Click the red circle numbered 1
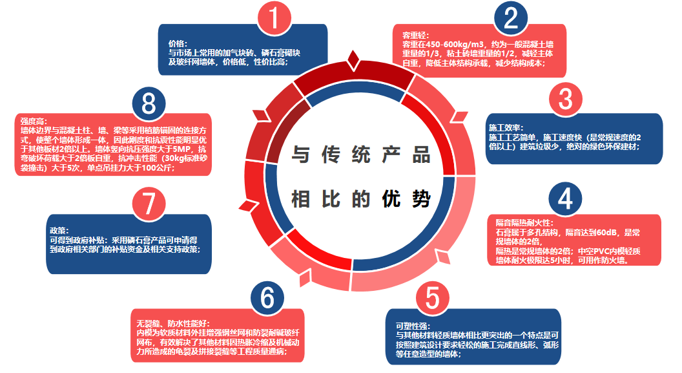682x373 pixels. coord(276,20)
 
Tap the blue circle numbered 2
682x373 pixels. coord(511,20)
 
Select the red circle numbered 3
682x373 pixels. coord(566,100)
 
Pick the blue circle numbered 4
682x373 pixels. coord(565,199)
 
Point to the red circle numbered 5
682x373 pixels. coord(432,298)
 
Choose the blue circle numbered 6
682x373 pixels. coord(267,298)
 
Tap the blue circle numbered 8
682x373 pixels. coord(150,103)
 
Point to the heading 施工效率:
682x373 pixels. coord(506,128)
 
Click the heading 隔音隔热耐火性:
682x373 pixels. coord(521,222)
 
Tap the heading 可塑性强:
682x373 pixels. coord(413,326)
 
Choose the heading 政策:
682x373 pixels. coord(58,230)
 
